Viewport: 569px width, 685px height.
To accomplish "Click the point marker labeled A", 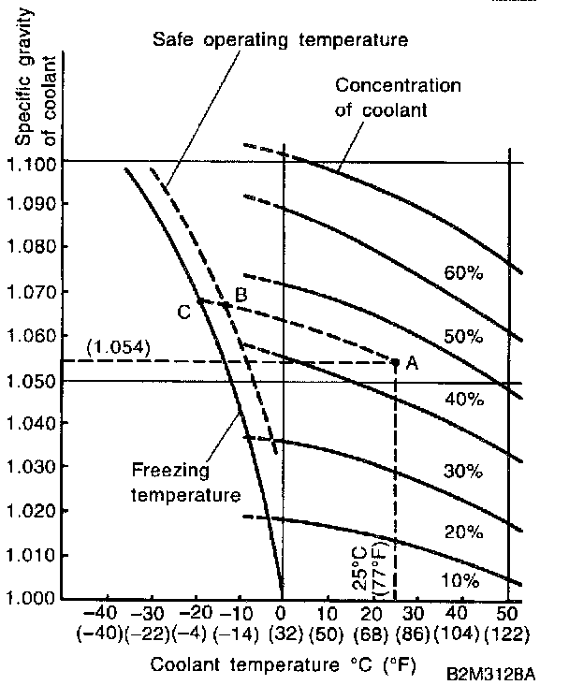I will click(x=395, y=361).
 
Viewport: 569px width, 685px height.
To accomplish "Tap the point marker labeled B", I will click(x=226, y=304).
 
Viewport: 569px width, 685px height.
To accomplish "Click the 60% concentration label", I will click(x=462, y=273).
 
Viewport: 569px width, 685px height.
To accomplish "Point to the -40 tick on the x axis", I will click(x=107, y=613).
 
